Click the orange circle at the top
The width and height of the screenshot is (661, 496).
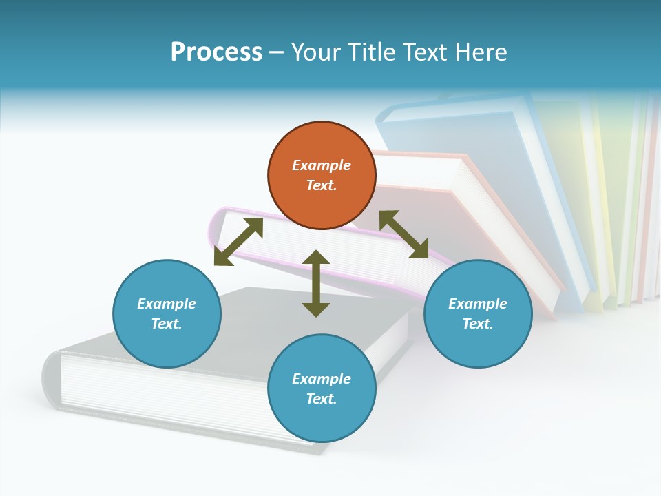(322, 176)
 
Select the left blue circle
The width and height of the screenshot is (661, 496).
(167, 313)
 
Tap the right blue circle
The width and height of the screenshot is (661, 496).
(478, 313)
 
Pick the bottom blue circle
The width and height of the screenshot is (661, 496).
(322, 389)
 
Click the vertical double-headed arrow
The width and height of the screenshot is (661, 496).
(316, 283)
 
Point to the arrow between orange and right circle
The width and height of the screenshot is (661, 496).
(404, 234)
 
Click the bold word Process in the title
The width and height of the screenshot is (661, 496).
(216, 52)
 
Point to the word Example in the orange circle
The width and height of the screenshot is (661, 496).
(322, 165)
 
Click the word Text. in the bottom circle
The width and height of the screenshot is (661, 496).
(322, 399)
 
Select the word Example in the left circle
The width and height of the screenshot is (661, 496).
(167, 304)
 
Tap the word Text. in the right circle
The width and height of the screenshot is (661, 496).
(478, 324)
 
